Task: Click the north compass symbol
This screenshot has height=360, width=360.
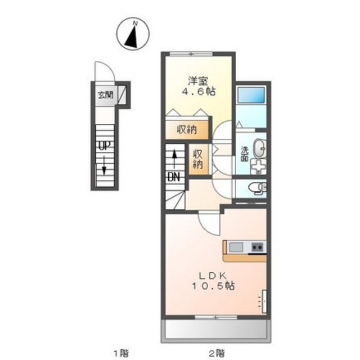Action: coord(133,34)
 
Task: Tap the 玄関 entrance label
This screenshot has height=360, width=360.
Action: coord(106,95)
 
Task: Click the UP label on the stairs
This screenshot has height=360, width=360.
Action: coord(105,145)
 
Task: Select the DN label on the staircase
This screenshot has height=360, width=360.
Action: coord(174,177)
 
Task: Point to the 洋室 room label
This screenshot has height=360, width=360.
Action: coord(198,81)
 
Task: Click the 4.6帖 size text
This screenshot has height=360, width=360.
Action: coord(199,92)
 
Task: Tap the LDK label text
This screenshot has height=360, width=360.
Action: coord(213,275)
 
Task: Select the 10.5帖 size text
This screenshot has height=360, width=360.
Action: coord(213,286)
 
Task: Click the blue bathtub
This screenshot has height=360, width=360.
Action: coord(251,95)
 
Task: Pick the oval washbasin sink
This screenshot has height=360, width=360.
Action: coord(259,148)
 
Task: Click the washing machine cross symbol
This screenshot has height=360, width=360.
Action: coord(258,166)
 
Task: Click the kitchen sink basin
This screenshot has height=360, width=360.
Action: coord(236,247)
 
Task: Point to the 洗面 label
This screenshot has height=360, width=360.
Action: coord(244,154)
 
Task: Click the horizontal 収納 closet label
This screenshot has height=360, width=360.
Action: coord(187,130)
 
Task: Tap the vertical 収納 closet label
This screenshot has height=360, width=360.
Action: coord(198,159)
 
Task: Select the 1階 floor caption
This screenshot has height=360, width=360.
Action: coord(121,353)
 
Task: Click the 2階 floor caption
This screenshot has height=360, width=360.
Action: coord(217,353)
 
